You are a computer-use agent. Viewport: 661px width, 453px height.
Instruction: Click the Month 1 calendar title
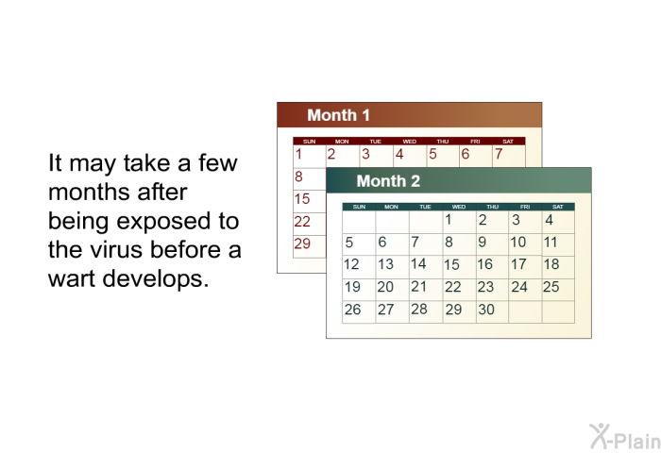[x=338, y=115]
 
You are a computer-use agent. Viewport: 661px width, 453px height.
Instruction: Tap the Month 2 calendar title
[x=388, y=181]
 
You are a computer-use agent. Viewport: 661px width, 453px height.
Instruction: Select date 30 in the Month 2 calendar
[x=486, y=310]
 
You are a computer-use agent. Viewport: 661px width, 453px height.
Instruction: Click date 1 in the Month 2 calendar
[x=449, y=219]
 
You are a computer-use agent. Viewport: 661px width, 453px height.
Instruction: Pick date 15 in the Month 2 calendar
[x=451, y=264]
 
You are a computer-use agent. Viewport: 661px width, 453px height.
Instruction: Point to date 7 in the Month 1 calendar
[x=499, y=154]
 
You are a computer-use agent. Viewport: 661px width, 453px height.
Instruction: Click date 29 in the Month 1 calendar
[x=302, y=243]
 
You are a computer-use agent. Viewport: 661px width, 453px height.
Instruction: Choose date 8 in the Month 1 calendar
[x=298, y=176]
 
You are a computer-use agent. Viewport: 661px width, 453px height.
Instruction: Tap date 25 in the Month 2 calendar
[x=551, y=287]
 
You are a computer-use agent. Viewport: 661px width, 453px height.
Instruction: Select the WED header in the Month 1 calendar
[x=409, y=142]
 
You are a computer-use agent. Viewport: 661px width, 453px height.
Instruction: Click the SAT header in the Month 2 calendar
[x=558, y=207]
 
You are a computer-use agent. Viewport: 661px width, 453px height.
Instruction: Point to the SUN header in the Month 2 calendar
[x=359, y=207]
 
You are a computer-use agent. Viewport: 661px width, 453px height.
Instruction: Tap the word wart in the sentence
[x=72, y=278]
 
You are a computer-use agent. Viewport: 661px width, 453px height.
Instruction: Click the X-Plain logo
[x=625, y=437]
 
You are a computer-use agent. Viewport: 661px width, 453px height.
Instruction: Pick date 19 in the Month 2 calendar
[x=352, y=287]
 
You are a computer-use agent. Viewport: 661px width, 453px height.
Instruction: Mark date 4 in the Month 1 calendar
[x=399, y=154]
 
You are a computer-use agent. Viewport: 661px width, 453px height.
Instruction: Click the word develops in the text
[x=156, y=279]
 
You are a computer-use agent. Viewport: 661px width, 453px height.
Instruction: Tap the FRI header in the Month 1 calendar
[x=475, y=142]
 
